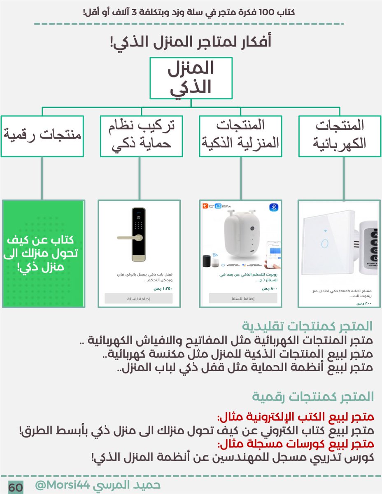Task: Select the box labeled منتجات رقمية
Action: point(42,136)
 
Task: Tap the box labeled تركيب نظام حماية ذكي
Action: point(141,136)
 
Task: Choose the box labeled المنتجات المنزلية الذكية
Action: point(240,136)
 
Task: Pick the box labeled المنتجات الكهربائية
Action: point(340,136)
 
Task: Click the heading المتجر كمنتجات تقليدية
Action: point(307,326)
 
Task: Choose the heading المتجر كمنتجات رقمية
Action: point(313,397)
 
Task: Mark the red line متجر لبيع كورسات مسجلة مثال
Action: point(296,444)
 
